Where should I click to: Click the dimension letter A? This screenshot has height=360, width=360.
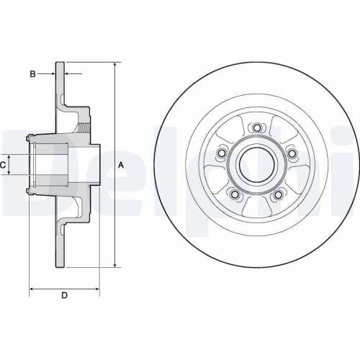point(122,165)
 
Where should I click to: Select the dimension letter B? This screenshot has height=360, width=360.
point(32,73)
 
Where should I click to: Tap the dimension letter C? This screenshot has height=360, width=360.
point(4,165)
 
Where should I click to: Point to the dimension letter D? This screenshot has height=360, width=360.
point(63,295)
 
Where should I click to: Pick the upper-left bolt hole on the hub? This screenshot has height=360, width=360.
point(222,153)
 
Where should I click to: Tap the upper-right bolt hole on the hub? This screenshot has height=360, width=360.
point(292,153)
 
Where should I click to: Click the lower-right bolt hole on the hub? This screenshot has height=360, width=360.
point(278,194)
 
